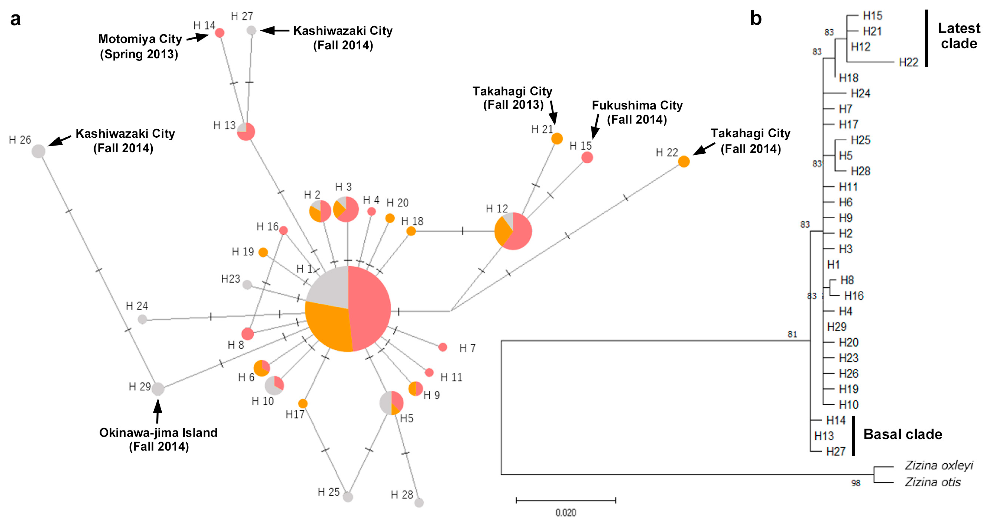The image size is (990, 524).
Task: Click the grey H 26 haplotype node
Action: pos(38,151)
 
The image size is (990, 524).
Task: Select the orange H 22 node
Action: pos(684,161)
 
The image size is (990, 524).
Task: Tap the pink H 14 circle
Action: pos(220,33)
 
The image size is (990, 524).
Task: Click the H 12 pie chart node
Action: pos(513,231)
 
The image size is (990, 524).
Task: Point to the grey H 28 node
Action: pos(419,502)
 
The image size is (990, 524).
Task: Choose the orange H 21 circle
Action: pos(557,138)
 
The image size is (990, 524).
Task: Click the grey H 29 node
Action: pos(158,389)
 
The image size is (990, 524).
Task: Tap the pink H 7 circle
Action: pos(443,347)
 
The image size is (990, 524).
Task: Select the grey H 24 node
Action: pos(142,319)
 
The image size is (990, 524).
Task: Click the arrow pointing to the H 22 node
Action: pos(704,149)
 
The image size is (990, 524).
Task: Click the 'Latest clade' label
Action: pos(959,36)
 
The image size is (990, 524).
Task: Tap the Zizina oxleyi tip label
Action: pos(939,466)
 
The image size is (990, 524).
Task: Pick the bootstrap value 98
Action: pos(856,483)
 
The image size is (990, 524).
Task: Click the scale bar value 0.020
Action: pos(566,512)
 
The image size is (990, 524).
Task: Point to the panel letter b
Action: pos(756,19)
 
